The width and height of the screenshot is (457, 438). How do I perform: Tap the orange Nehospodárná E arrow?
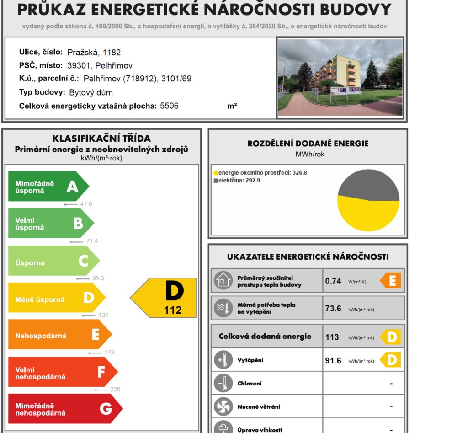pyautogui.click(x=59, y=335)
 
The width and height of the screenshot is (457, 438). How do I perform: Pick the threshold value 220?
pyautogui.click(x=115, y=390)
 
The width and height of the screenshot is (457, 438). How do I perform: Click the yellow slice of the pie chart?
pyautogui.click(x=368, y=215)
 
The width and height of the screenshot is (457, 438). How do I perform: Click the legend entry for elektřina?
pyautogui.click(x=234, y=181)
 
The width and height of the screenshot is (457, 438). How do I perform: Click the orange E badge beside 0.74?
pyautogui.click(x=391, y=281)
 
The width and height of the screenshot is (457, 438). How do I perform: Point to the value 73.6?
pyautogui.click(x=333, y=309)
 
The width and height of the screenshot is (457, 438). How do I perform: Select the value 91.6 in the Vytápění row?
pyautogui.click(x=333, y=361)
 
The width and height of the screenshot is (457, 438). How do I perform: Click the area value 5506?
pyautogui.click(x=169, y=106)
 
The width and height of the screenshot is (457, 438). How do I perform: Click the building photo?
pyautogui.click(x=340, y=77)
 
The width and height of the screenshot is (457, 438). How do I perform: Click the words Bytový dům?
pyautogui.click(x=91, y=92)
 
